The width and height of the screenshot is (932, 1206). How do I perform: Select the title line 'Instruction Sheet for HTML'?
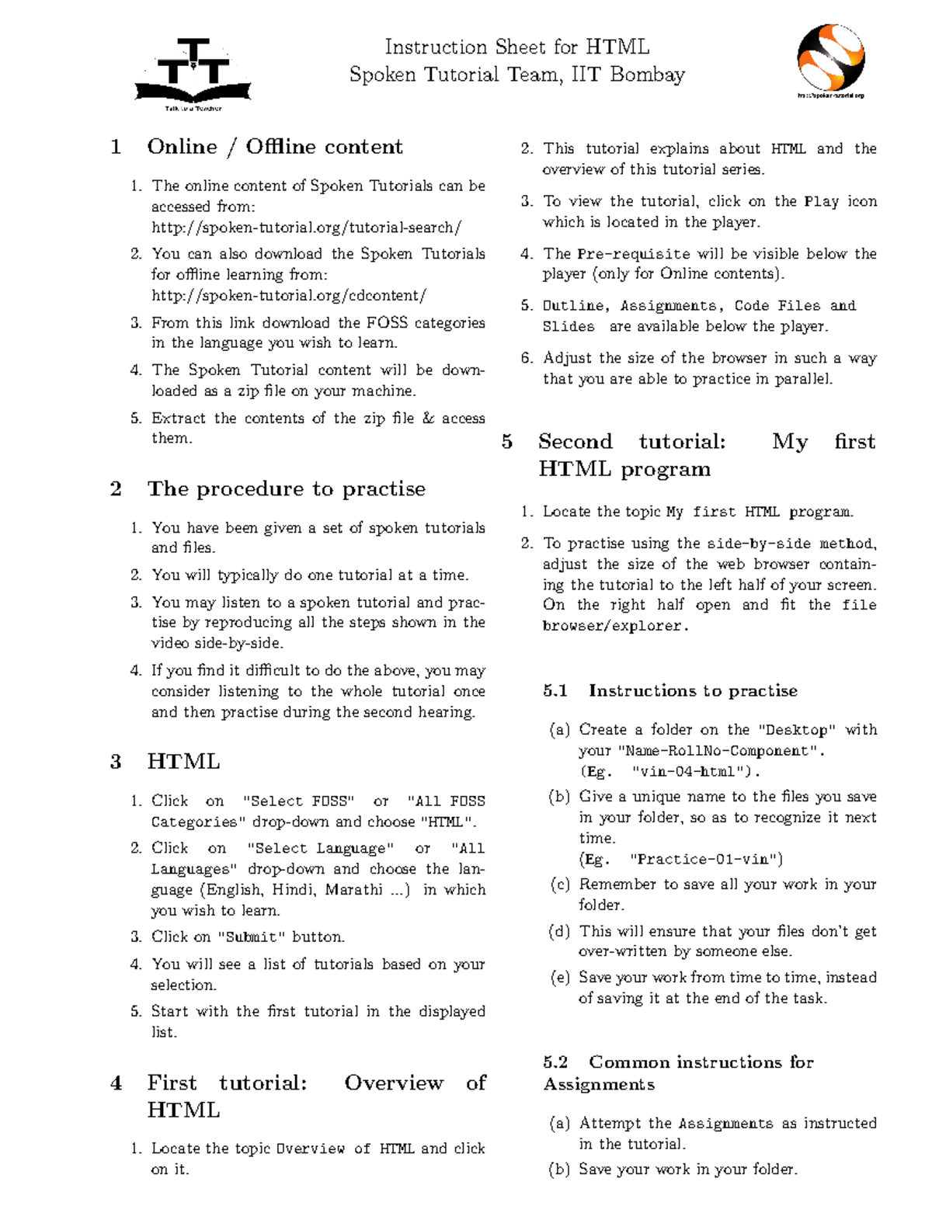coord(516,47)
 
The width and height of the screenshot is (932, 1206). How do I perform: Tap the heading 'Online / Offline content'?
coord(274,147)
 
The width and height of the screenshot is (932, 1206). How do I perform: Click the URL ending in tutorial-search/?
coord(306,228)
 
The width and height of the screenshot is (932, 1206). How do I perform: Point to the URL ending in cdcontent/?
coord(288,295)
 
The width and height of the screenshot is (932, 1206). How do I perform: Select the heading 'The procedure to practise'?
coord(286,488)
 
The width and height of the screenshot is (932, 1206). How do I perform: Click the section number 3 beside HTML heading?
coord(116,762)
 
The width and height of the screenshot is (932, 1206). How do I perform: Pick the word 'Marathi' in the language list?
coord(353,890)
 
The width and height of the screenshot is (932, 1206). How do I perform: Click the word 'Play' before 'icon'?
coord(821,202)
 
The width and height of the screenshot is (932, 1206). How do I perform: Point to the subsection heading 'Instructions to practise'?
coord(693,690)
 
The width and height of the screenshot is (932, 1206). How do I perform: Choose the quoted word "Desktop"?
coord(798,730)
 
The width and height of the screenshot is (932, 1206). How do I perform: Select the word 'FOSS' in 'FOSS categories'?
coord(386,322)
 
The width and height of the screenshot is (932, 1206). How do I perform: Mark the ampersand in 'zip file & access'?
coord(428,418)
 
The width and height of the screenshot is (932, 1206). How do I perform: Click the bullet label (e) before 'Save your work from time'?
coord(559,978)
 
